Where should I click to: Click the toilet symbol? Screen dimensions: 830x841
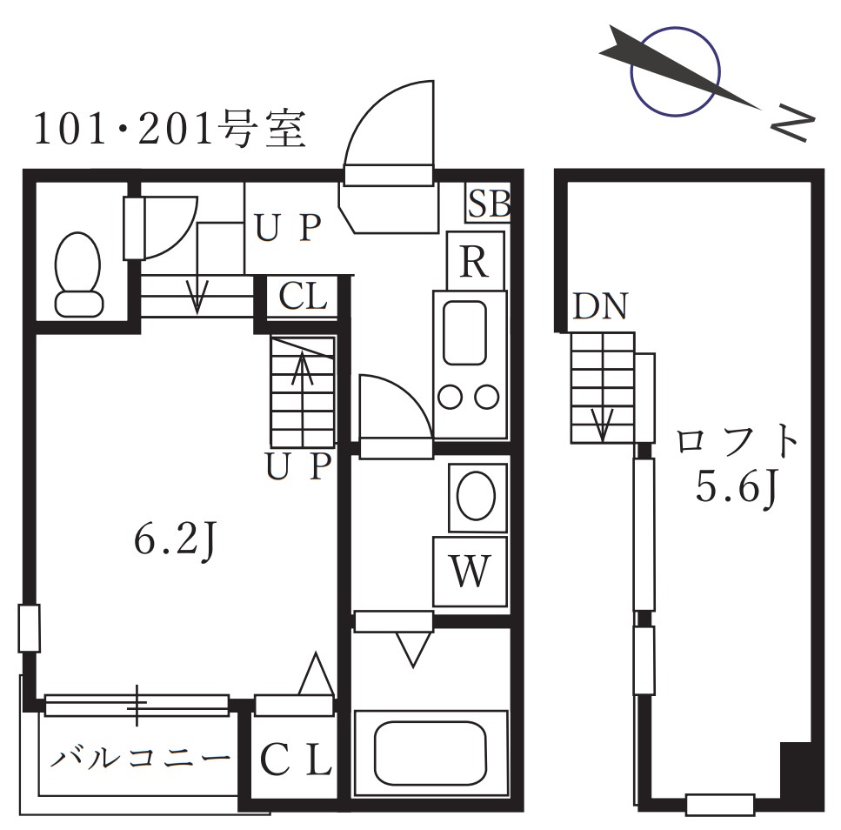(78, 273)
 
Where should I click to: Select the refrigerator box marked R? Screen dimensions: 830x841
(474, 261)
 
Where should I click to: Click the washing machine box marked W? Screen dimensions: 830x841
(471, 572)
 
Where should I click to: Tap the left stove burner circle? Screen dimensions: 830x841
(451, 398)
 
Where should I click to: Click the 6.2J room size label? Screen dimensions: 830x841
(175, 540)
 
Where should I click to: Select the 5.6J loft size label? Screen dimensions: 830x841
(735, 488)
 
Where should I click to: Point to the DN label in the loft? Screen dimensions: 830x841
(600, 307)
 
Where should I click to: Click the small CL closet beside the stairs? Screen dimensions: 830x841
(303, 298)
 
